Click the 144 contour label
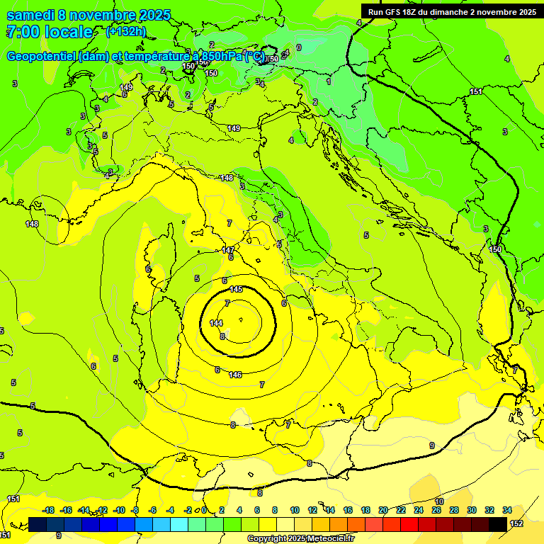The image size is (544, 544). (217, 323)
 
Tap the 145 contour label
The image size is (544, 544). (237, 289)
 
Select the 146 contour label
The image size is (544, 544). (235, 374)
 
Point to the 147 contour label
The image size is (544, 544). (228, 250)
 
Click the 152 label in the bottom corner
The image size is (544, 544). (516, 523)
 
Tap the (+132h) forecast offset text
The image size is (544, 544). (125, 32)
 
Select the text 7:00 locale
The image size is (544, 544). (50, 32)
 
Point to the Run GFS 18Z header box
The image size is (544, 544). (451, 11)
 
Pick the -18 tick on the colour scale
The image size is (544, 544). (48, 510)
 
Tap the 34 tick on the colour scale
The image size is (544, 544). (507, 510)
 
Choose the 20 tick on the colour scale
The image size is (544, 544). (383, 510)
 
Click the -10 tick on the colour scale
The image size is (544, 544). (119, 510)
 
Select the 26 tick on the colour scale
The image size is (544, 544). (436, 510)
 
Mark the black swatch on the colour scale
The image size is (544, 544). (498, 524)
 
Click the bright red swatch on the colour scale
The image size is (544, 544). (409, 524)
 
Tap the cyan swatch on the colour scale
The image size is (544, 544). (179, 524)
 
